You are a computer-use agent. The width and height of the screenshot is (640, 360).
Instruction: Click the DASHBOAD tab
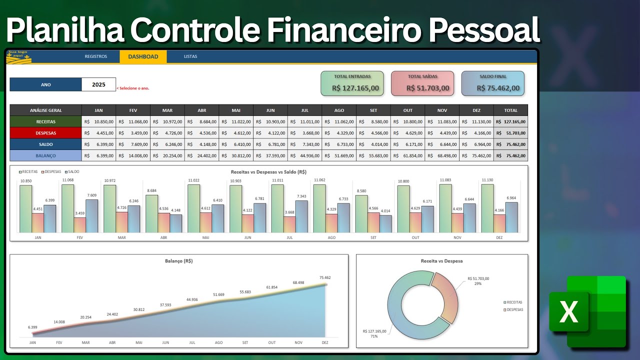143,56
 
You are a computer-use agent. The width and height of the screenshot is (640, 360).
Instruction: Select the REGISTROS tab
95,56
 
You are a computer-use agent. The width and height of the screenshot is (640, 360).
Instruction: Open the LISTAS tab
190,56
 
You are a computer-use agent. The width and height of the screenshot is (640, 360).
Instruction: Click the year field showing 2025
98,84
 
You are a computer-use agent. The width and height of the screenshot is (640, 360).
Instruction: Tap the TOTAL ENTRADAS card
352,83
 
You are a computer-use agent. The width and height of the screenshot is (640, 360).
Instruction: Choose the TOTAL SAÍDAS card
422,83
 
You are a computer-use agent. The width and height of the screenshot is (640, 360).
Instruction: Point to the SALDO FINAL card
492,83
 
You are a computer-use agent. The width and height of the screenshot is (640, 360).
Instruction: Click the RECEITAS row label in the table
45,121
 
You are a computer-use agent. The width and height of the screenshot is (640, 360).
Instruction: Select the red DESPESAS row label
45,133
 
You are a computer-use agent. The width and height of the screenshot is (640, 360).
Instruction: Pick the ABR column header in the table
201,110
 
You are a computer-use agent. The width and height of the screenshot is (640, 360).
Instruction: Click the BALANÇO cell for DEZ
476,155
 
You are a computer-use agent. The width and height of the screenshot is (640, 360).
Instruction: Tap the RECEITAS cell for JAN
98,121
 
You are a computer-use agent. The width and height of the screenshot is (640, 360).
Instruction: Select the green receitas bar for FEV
67,208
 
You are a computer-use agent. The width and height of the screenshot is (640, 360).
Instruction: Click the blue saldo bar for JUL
301,216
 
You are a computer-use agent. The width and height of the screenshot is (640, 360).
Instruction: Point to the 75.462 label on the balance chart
325,277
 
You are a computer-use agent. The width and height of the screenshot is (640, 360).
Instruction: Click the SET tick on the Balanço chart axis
245,342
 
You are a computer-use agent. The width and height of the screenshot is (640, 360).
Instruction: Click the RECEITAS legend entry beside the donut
514,302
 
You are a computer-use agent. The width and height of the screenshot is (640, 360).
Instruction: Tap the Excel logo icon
587,311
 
